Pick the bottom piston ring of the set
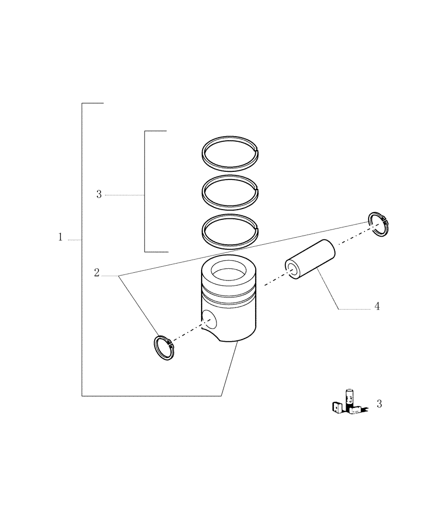(204, 234)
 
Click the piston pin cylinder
(312, 259)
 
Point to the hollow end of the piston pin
(292, 269)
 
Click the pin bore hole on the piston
(208, 320)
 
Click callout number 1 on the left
(60, 237)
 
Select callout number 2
(96, 272)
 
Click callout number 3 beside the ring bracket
(99, 194)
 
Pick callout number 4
(377, 307)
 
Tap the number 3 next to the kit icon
(379, 404)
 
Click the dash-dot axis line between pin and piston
(273, 280)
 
